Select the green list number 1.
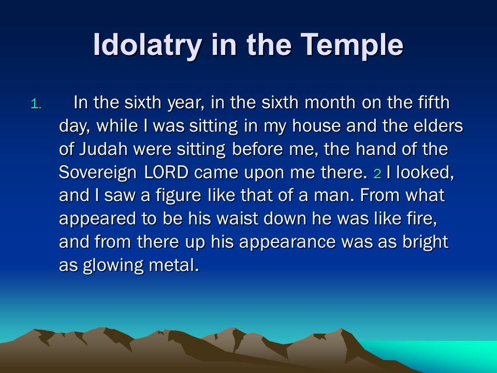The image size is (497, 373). pos(36,104)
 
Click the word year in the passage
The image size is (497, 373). pos(186,103)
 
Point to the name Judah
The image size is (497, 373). pos(104,149)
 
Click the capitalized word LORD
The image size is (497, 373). pos(166,173)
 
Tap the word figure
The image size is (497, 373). pos(179,196)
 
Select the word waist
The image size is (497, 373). pos(237,219)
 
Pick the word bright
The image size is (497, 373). pos(426,242)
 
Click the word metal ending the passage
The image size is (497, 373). pos(174,265)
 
